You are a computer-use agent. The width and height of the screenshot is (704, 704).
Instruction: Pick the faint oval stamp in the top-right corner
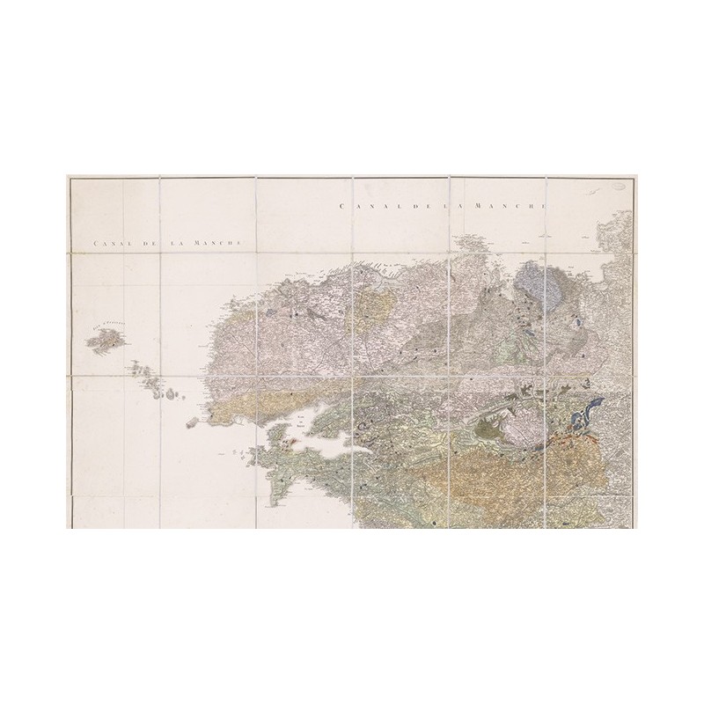click(618, 187)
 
